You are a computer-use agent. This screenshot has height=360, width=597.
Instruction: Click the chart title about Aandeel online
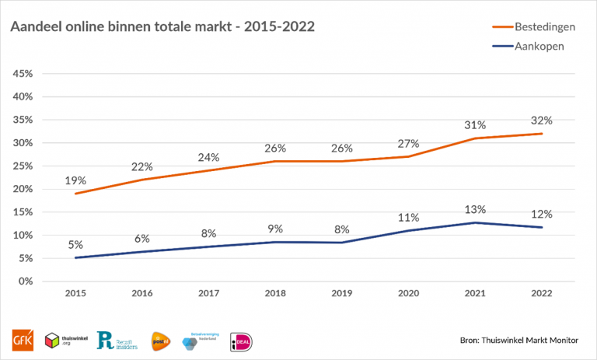click(162, 27)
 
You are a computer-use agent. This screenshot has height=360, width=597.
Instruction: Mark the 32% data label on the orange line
click(542, 121)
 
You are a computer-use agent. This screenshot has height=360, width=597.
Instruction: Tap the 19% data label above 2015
click(76, 180)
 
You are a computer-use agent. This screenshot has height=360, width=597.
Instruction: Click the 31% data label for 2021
click(475, 125)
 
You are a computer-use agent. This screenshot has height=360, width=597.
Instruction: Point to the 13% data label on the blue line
click(475, 209)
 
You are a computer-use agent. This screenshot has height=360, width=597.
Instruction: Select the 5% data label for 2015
click(76, 244)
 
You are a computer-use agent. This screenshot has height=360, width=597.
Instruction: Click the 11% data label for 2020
click(408, 218)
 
